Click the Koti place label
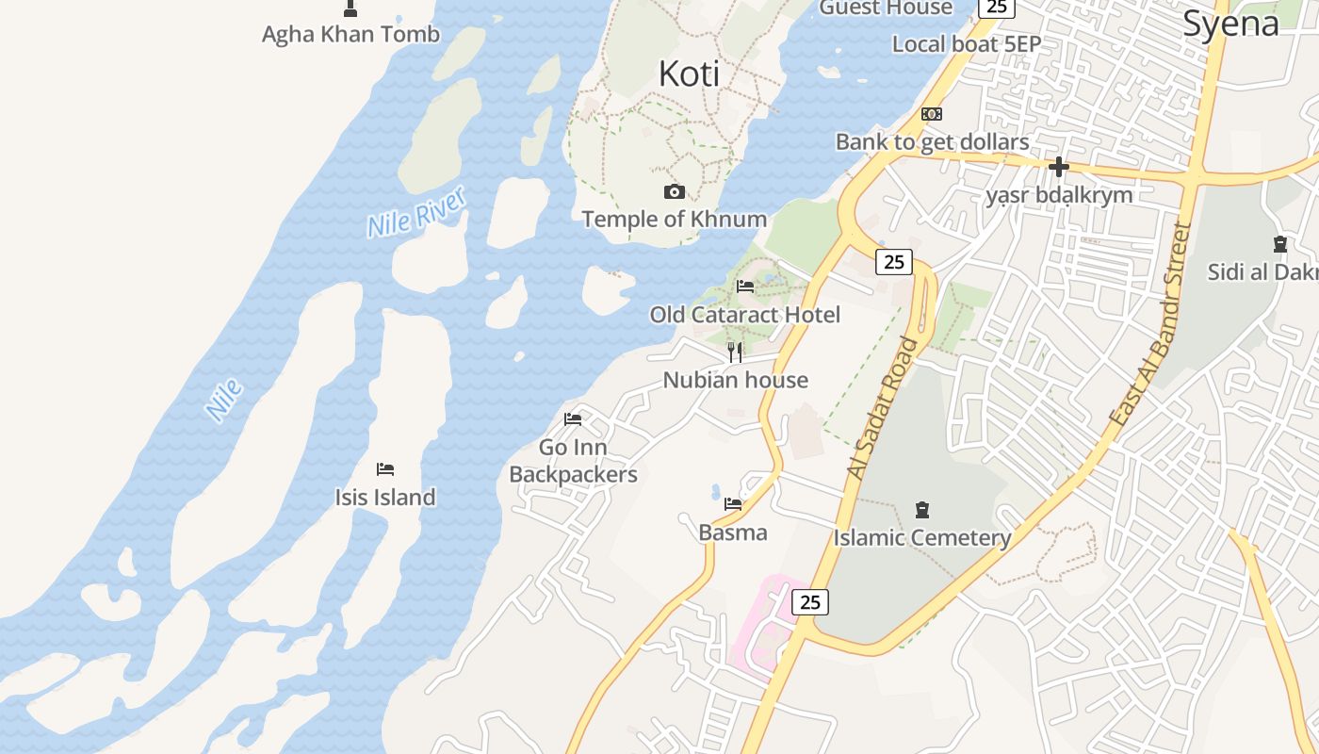(689, 74)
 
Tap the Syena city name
(1230, 24)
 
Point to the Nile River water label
(416, 213)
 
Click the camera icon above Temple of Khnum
(675, 192)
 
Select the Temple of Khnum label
(674, 220)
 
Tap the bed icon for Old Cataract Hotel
(745, 287)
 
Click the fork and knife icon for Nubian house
(735, 352)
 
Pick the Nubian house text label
(735, 380)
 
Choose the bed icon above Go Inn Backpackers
(573, 419)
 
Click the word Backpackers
(573, 474)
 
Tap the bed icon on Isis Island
(385, 469)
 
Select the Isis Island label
(385, 497)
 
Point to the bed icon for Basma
(733, 504)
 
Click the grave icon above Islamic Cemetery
(922, 510)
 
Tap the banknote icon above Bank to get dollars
(932, 114)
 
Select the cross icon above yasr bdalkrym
(1059, 168)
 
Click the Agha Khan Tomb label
(350, 35)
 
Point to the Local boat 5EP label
(967, 43)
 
